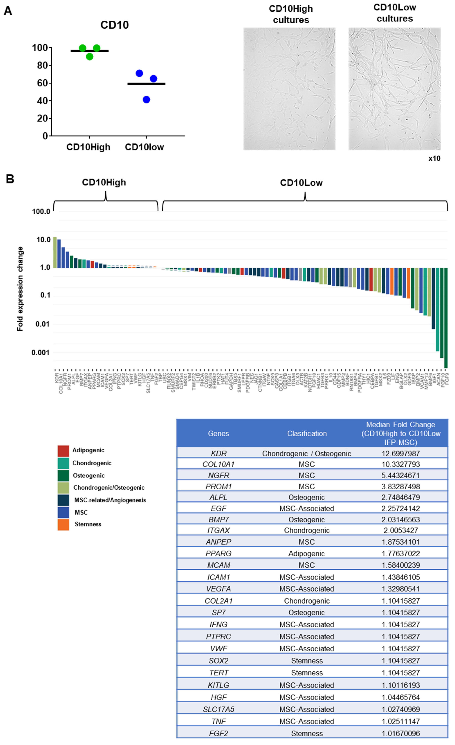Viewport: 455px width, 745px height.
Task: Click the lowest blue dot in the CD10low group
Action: tap(146, 100)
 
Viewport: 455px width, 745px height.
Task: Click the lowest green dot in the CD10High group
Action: tap(89, 57)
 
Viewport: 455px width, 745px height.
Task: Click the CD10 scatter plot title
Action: tap(114, 25)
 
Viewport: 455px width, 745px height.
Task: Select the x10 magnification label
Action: tap(434, 159)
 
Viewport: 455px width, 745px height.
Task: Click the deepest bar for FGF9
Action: tap(446, 317)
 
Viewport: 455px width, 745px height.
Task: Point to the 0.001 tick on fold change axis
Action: tap(41, 353)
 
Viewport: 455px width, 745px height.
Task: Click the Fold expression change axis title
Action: tap(20, 289)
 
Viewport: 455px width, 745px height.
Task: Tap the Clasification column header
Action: tap(307, 433)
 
